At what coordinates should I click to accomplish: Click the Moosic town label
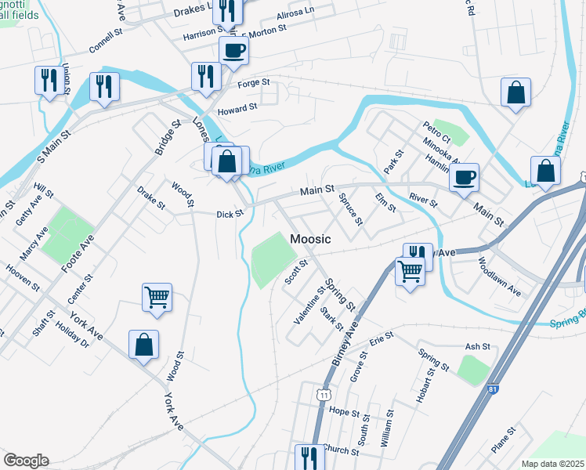click(x=310, y=238)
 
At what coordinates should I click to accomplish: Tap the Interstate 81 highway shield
click(x=491, y=389)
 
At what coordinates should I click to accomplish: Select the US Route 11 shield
click(x=323, y=396)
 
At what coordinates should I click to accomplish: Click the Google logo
click(x=26, y=461)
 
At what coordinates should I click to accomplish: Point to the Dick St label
click(x=230, y=213)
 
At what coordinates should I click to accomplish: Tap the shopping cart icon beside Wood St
click(x=157, y=298)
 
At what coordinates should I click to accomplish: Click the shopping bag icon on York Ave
click(x=144, y=345)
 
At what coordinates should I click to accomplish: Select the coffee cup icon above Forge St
click(x=233, y=51)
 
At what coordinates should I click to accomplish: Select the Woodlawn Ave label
click(x=498, y=277)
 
